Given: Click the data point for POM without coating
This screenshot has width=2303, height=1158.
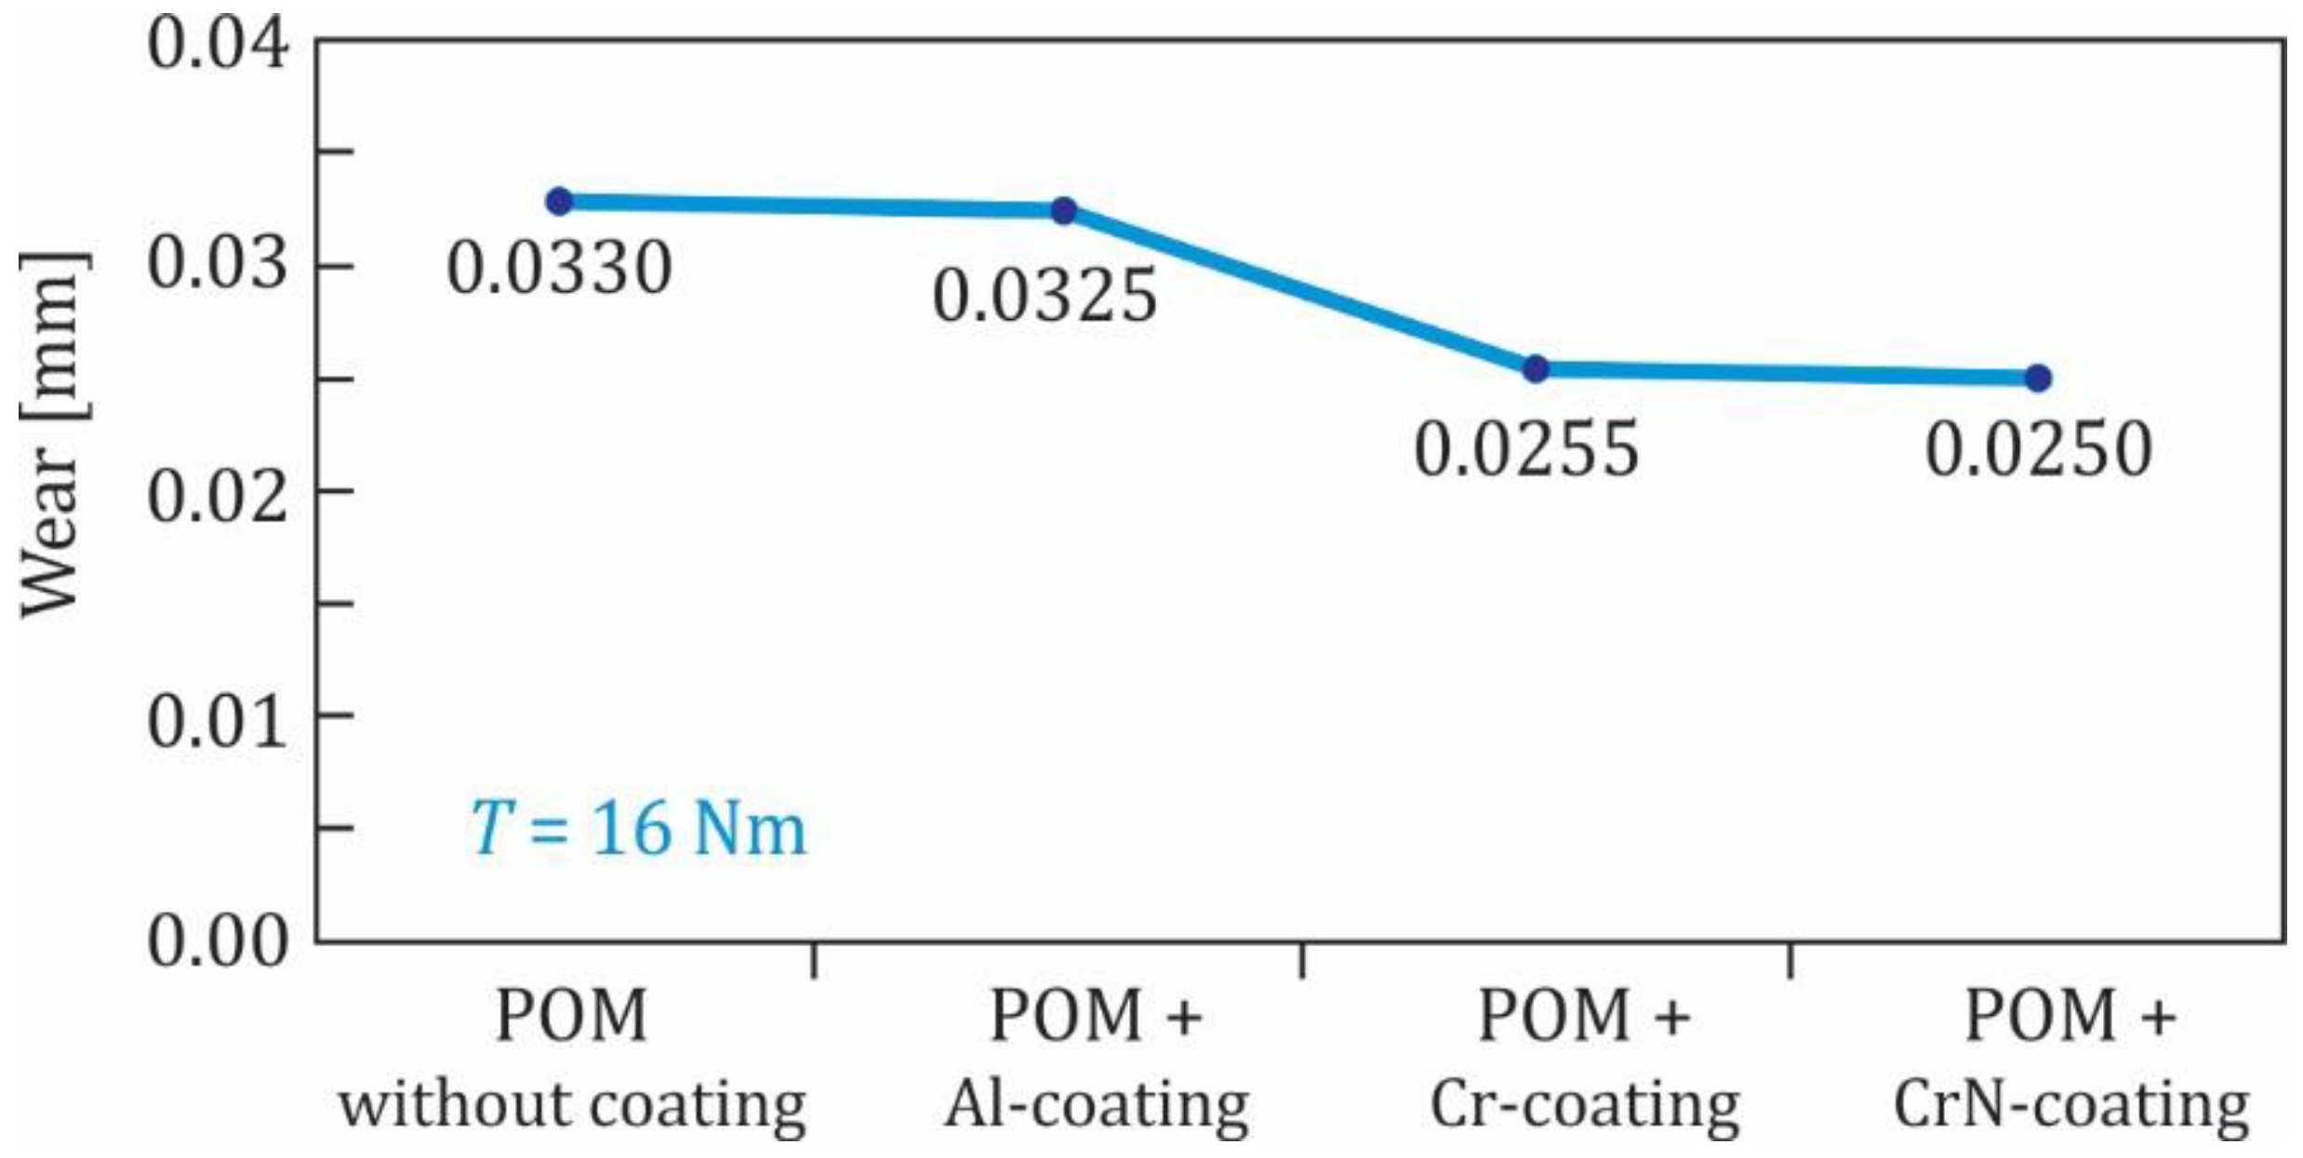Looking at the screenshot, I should pos(559,201).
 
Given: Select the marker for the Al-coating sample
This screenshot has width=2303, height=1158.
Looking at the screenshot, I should pos(1064,210).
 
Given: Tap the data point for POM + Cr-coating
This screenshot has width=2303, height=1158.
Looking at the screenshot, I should pos(1536,369).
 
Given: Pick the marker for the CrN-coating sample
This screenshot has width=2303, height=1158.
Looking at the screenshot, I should pos(2038,378).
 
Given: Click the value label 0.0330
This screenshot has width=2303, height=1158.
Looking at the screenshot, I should pos(559,270).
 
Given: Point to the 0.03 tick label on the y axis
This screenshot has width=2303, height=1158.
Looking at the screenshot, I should pos(218,265).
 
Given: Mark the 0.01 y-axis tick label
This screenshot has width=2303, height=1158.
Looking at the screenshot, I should pos(218,722).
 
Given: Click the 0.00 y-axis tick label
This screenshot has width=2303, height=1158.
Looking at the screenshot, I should pos(218,942).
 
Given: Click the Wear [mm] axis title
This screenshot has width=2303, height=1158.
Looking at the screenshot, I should pos(53,433).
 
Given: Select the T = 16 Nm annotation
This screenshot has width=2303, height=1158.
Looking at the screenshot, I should pos(638,830).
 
